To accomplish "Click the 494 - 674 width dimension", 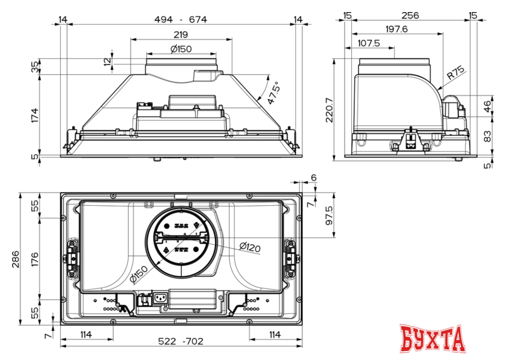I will pyautogui.click(x=181, y=19).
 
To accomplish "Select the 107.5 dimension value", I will pyautogui.click(x=369, y=43).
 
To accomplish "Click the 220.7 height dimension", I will pyautogui.click(x=329, y=109).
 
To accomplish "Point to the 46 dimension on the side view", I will pyautogui.click(x=487, y=107).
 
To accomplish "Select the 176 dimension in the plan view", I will pyautogui.click(x=35, y=259).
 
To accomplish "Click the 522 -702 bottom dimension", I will pyautogui.click(x=181, y=341).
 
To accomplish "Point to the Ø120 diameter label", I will pyautogui.click(x=249, y=246).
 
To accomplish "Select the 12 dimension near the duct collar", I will pyautogui.click(x=107, y=61).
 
